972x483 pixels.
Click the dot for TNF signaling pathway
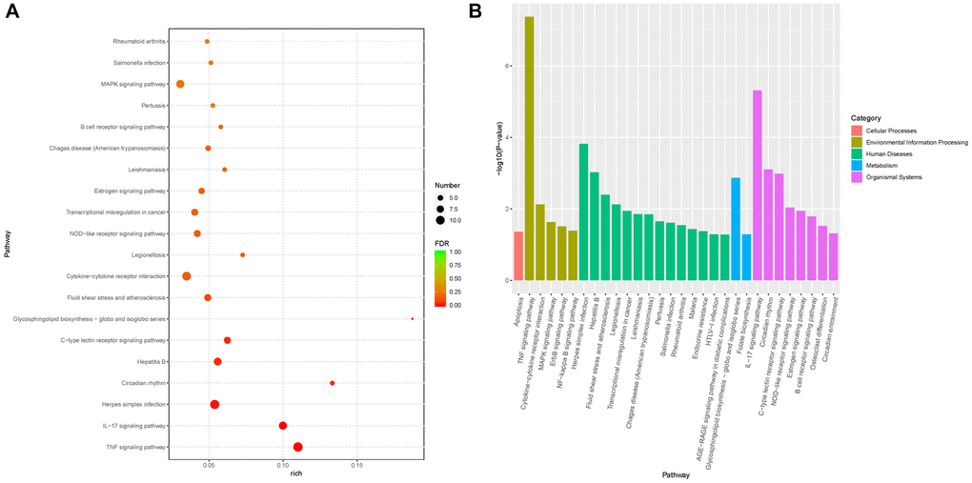tap(298, 447)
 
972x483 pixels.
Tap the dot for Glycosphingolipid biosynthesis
tap(412, 319)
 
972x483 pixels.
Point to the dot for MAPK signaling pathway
tap(180, 84)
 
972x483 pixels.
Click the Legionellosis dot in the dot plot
tap(242, 255)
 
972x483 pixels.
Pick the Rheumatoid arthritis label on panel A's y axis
tap(139, 42)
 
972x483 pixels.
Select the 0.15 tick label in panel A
tap(355, 464)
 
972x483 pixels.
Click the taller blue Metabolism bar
tap(736, 229)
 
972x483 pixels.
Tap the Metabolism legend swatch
tap(858, 164)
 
